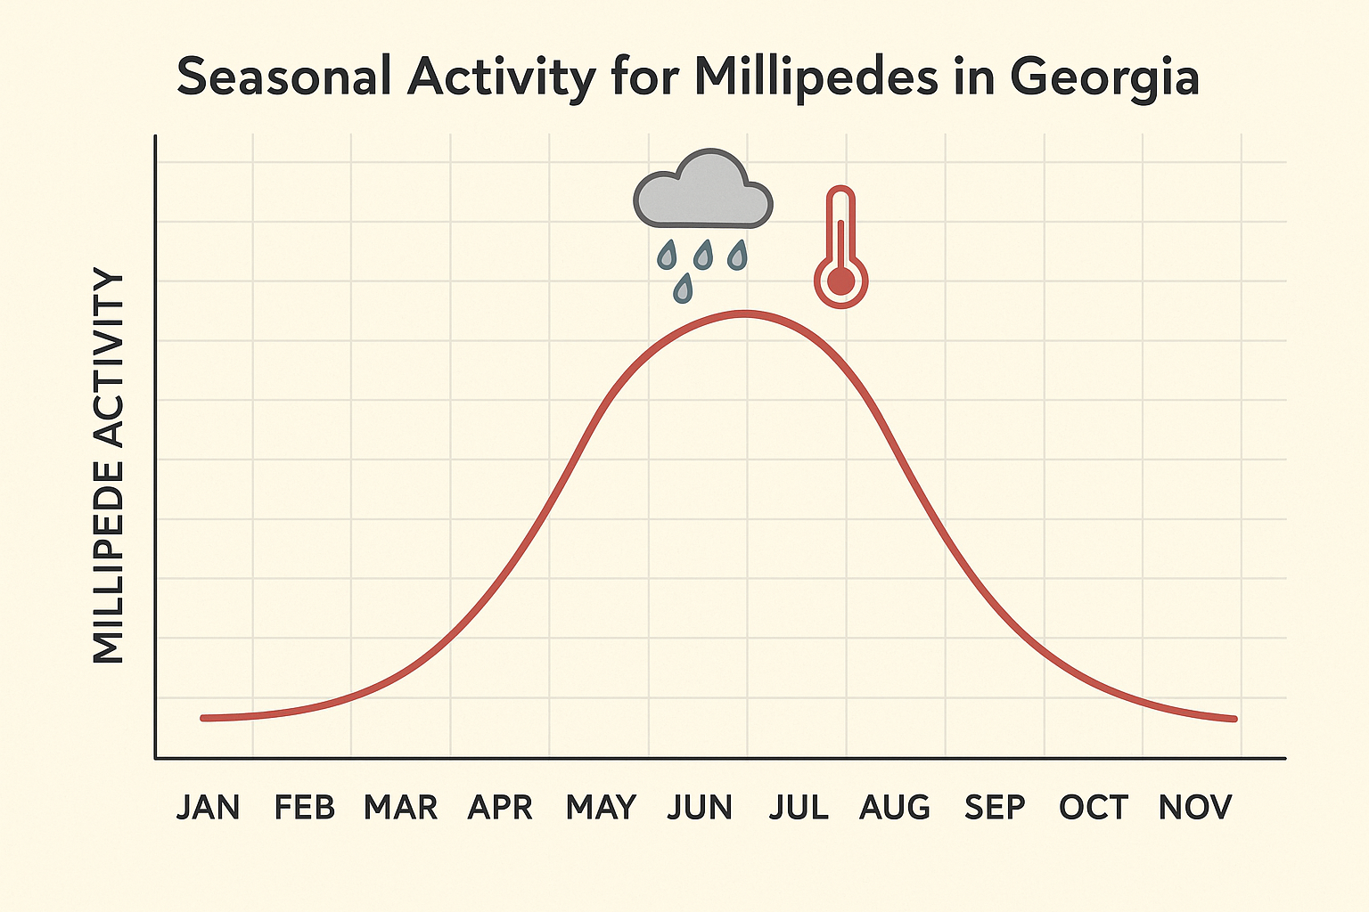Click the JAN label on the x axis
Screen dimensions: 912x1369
208,808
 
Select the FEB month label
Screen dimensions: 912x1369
305,808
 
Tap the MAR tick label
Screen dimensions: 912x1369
401,808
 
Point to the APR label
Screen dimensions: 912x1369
500,808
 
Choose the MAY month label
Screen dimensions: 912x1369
601,808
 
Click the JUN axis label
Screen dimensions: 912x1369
700,808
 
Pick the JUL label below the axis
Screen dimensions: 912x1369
799,808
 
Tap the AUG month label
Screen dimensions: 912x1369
895,808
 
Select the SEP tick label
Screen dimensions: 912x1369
995,808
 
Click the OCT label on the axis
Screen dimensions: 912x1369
1094,808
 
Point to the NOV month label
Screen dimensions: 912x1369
1194,808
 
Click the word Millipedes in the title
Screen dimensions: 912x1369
816,77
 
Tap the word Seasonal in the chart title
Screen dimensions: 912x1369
283,77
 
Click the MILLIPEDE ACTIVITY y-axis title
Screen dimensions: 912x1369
109,467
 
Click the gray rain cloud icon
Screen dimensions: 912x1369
703,191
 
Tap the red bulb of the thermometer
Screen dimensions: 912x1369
840,281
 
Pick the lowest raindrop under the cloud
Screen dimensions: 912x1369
684,288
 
